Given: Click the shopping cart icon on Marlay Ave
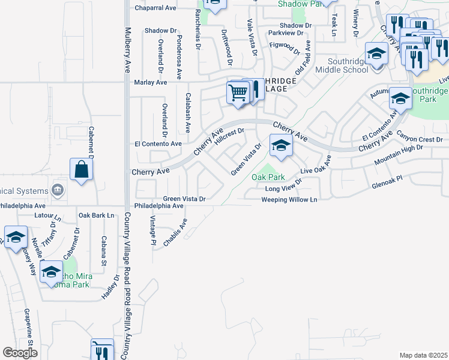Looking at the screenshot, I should coord(238,93).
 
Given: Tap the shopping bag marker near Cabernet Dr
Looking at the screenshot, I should coord(82,169).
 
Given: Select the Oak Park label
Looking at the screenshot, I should coord(268,177).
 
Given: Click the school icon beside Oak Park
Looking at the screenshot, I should coord(280,145).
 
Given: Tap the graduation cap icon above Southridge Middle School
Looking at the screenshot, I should coord(376,55).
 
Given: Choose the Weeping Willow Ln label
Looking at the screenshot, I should coord(289,199).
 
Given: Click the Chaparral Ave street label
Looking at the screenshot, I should coord(154,8).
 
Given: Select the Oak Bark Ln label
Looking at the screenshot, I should coord(96,215).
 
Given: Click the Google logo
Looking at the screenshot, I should coord(20,353).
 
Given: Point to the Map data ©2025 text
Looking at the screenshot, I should coord(423,355).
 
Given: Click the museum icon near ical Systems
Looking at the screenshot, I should coord(58,190).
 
